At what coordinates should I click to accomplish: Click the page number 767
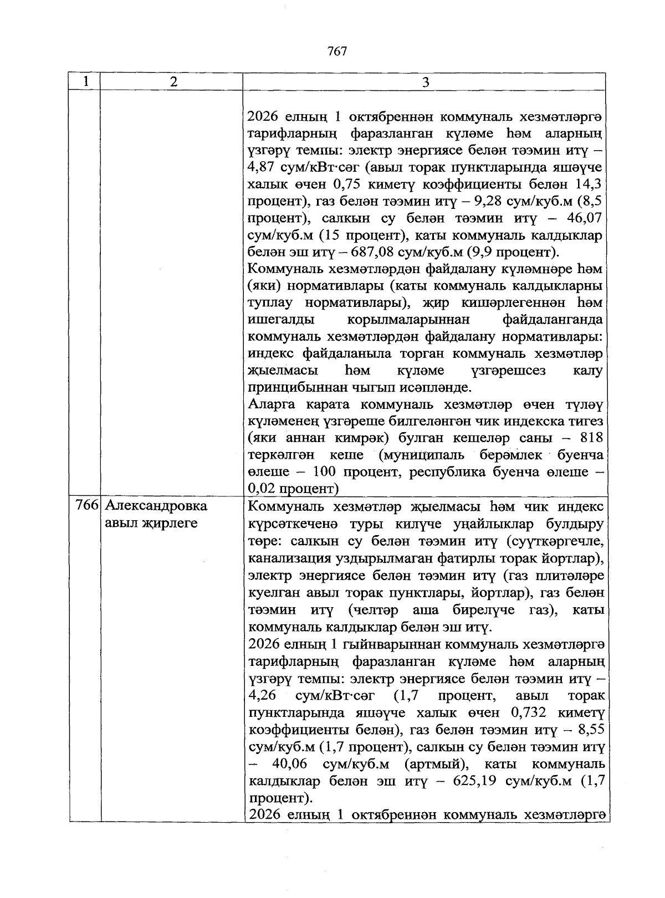click(x=337, y=52)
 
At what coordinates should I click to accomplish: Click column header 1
click(x=86, y=81)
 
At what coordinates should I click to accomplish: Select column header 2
click(x=174, y=82)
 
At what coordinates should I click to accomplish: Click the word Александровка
click(x=156, y=506)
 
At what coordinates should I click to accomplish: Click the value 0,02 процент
click(x=294, y=489)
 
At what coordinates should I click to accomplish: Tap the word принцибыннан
click(x=298, y=387)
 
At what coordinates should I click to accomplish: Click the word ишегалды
click(x=281, y=319)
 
